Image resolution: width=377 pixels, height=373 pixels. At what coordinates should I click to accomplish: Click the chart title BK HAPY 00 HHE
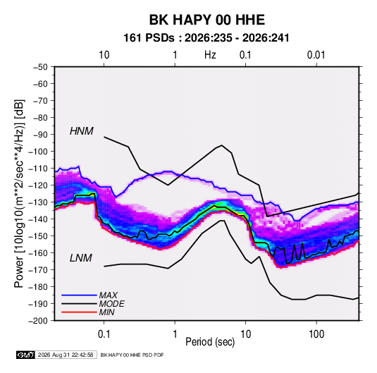pyautogui.click(x=206, y=20)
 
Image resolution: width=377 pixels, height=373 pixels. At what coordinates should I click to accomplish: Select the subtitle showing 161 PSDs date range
pyautogui.click(x=206, y=38)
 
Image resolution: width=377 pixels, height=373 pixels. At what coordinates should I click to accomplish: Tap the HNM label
pyautogui.click(x=82, y=131)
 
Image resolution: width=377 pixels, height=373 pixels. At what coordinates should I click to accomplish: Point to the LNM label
pyautogui.click(x=81, y=258)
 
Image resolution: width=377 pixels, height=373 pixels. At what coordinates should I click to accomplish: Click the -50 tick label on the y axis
pyautogui.click(x=40, y=67)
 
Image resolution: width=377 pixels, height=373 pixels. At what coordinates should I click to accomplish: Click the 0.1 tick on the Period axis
pyautogui.click(x=104, y=334)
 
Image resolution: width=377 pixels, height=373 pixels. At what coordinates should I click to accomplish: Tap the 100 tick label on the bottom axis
pyautogui.click(x=316, y=334)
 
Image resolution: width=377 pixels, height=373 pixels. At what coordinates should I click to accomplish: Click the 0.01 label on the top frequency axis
pyautogui.click(x=316, y=55)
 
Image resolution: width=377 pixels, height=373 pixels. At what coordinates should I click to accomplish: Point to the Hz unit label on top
pyautogui.click(x=210, y=55)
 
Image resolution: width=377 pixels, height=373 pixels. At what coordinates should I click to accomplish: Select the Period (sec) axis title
pyautogui.click(x=210, y=342)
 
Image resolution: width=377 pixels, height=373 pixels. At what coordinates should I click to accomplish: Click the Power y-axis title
pyautogui.click(x=19, y=194)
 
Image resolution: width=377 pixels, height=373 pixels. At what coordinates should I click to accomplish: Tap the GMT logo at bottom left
pyautogui.click(x=25, y=355)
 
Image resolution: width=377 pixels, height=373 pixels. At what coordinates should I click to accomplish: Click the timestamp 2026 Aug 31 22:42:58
pyautogui.click(x=66, y=355)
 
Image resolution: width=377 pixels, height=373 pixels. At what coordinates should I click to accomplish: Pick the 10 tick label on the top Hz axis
pyautogui.click(x=104, y=55)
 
